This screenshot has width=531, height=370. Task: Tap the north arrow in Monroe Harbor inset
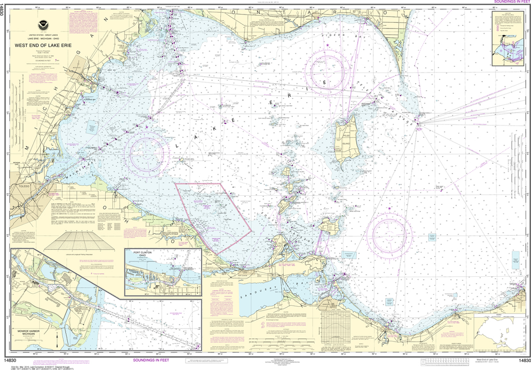coord(56,339)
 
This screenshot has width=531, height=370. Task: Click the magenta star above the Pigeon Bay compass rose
coord(327,46)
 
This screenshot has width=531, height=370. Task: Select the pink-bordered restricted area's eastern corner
coord(251,226)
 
